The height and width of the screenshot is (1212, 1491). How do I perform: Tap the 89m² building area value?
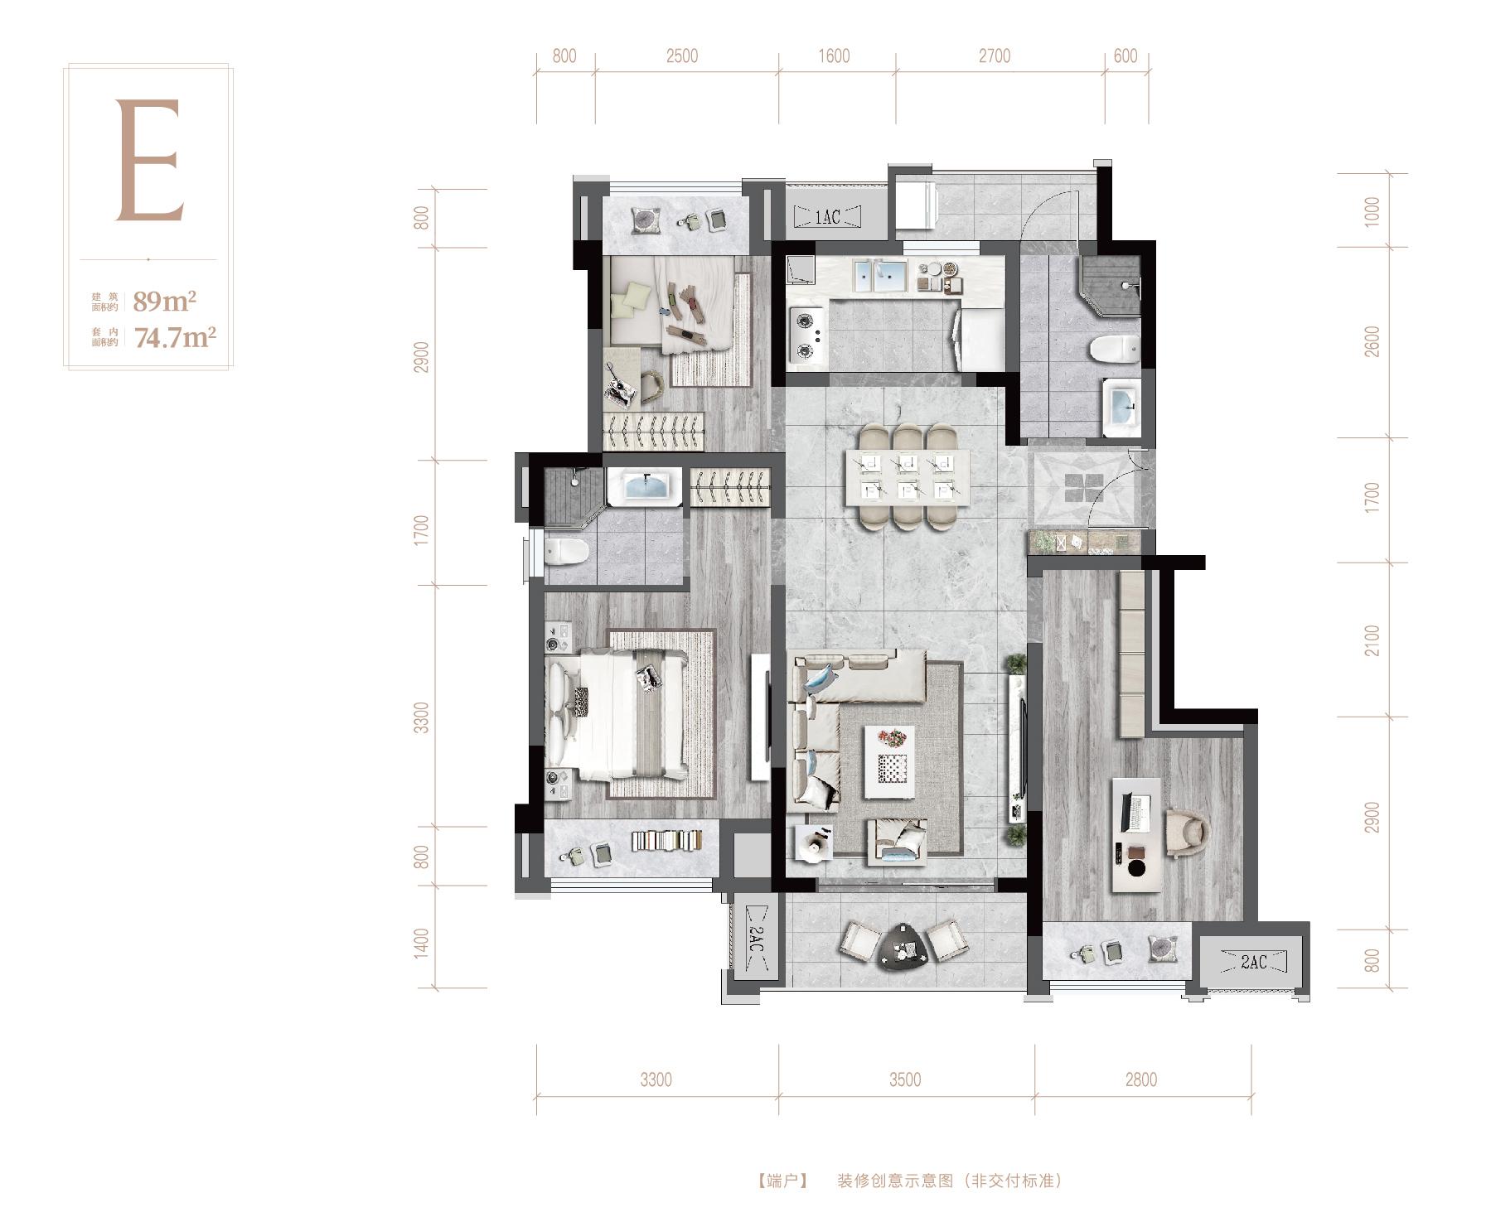165,301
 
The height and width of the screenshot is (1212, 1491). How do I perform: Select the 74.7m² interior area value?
175,337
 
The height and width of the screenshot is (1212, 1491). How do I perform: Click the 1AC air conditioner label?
827,217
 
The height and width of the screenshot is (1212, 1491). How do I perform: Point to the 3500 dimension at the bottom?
905,1079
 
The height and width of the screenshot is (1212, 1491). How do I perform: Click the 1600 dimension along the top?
834,56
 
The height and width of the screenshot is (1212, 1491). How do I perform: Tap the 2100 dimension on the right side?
1372,640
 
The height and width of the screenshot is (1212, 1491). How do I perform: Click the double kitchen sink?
877,277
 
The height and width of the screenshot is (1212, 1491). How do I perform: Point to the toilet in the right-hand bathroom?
1115,351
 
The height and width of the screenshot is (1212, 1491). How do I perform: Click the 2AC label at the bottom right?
1253,962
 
